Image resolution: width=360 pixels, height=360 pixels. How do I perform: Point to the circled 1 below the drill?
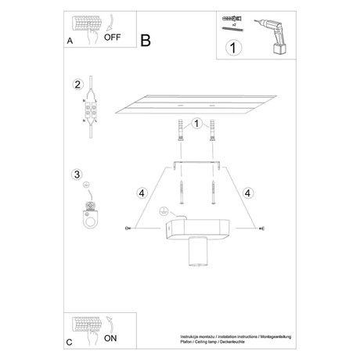tap(232, 48)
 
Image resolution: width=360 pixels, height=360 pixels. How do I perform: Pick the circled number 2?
tap(77, 85)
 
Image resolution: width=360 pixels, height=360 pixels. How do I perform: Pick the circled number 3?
tap(77, 175)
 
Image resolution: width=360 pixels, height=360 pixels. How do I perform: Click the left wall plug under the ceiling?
tap(182, 128)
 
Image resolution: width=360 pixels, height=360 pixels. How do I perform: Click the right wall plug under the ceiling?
tap(211, 128)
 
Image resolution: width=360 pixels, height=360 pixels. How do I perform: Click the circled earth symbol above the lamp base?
tap(164, 211)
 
